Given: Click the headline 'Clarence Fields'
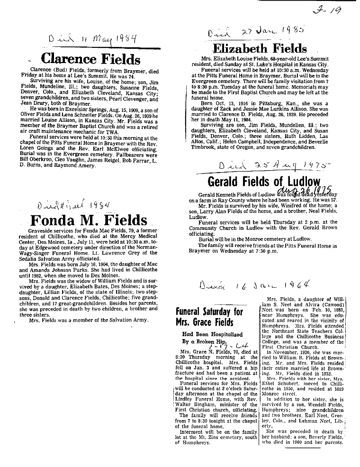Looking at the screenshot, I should coord(90,59).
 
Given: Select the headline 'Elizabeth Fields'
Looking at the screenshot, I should coord(260,48).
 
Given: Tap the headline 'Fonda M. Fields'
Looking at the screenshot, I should coord(89,221).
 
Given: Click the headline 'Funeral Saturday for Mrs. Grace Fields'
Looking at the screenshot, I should coord(209,317).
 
